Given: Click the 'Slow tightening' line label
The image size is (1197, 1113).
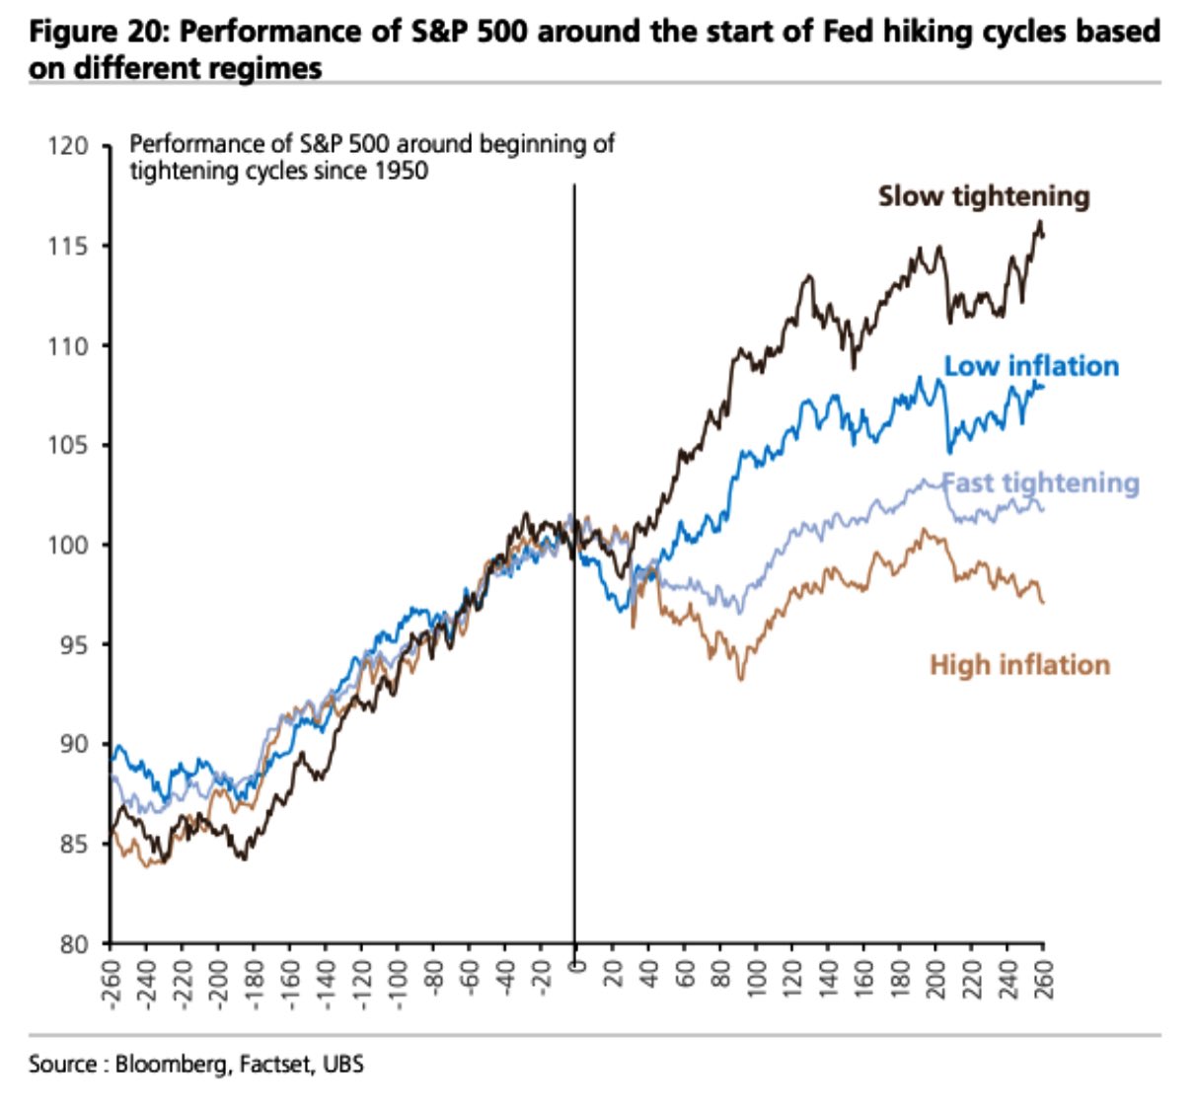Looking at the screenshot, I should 984,196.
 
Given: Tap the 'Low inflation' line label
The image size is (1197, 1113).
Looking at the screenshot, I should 1031,366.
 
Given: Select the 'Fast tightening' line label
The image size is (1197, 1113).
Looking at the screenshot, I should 1041,483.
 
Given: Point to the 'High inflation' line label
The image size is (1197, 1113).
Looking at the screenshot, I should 1019,665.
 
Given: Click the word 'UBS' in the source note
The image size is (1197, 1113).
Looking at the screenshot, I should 342,1065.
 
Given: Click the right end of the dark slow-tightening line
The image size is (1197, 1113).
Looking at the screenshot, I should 1043,234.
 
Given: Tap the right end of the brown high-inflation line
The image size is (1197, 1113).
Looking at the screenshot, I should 1043,602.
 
